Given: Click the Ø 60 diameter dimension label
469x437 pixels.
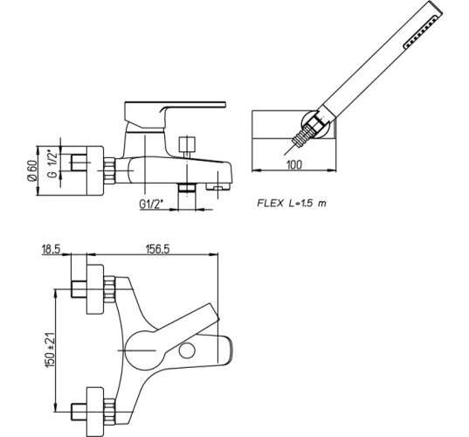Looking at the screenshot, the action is coord(32,170).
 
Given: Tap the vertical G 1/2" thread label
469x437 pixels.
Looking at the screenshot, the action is coord(52,164).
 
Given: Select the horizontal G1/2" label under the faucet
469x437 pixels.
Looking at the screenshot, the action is coord(151,204).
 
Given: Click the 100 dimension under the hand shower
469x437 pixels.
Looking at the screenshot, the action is coord(294,164).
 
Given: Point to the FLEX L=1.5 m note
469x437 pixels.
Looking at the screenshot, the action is coord(292,204).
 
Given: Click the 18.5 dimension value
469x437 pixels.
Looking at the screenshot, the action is coord(51,249).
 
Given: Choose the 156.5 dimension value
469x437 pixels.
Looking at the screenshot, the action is coord(157,249).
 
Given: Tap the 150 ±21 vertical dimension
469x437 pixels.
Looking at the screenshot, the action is coord(50,350).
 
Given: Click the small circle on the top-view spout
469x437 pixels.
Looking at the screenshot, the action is coord(187,350).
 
